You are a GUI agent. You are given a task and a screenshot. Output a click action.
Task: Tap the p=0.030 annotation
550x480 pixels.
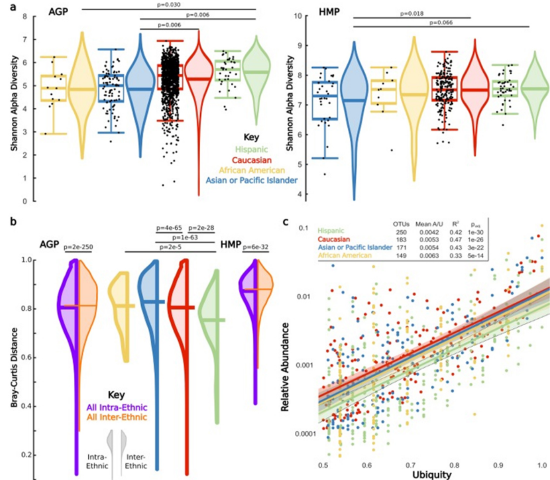(169, 5)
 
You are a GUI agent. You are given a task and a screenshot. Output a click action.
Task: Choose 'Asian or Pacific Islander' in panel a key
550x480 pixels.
(251, 180)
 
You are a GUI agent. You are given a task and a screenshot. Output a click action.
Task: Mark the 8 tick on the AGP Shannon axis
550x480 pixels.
(24, 16)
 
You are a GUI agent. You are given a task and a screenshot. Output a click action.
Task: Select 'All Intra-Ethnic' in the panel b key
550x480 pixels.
(117, 407)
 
